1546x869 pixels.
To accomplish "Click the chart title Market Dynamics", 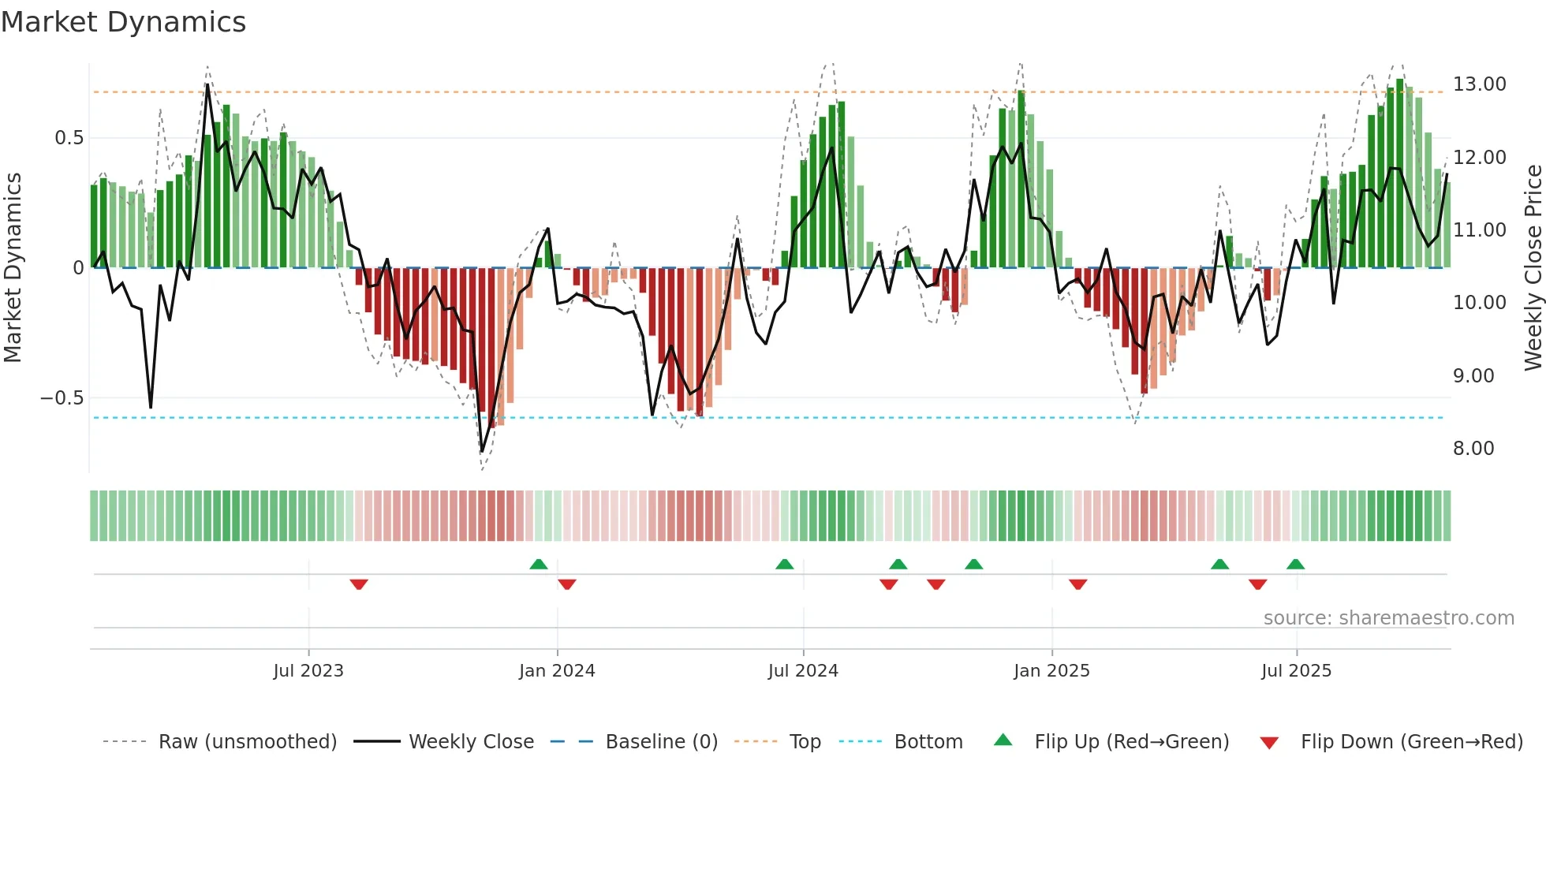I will (x=123, y=22).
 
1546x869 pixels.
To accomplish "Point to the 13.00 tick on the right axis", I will (x=1479, y=84).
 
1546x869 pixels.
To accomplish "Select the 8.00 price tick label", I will (x=1473, y=449).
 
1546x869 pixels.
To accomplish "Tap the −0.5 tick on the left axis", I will (x=62, y=398).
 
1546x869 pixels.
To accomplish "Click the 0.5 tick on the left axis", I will (x=69, y=138).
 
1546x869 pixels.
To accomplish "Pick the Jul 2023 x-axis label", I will (x=308, y=671).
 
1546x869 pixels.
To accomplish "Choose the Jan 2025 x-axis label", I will (x=1051, y=671).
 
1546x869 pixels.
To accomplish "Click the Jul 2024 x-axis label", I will (x=803, y=671).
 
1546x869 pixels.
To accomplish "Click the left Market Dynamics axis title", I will (x=13, y=268).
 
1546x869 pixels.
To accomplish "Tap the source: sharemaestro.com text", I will (x=1388, y=618).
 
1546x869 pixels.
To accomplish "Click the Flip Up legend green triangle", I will (x=1003, y=740).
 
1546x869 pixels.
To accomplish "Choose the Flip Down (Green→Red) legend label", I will (x=1411, y=742).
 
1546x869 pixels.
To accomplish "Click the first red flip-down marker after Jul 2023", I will (x=359, y=584).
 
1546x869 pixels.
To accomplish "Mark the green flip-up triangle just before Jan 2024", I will (x=539, y=564).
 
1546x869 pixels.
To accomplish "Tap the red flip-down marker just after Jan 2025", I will (x=1078, y=584).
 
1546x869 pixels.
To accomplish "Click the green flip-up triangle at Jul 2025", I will (x=1295, y=564).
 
